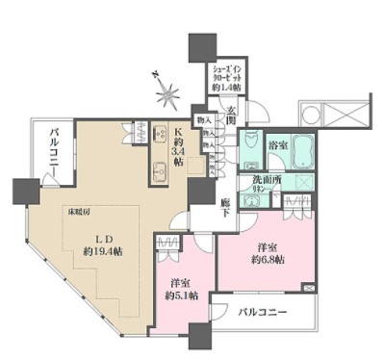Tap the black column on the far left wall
pos(21,191)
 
